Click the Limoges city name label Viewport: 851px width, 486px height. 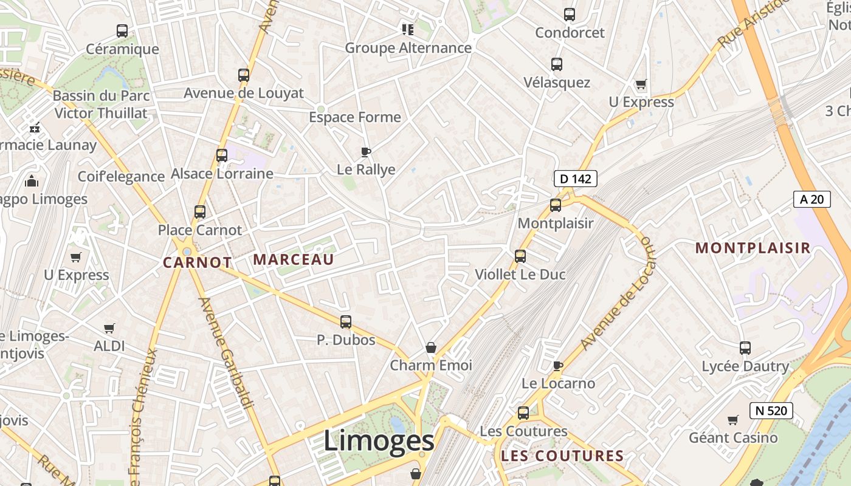pos(378,440)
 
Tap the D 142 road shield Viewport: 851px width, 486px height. pos(575,179)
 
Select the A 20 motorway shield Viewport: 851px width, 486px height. pos(811,199)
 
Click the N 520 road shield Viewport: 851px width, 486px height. pos(771,411)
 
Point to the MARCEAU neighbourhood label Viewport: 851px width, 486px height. pos(294,260)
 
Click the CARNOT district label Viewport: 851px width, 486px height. pos(198,263)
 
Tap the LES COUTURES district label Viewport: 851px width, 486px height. pos(562,456)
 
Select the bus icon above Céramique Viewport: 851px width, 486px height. pos(122,31)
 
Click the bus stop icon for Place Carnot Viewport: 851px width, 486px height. pos(200,212)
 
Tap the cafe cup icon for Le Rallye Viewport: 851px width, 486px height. pos(365,152)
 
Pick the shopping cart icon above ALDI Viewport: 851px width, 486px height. pos(109,329)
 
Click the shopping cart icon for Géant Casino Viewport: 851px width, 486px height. pos(733,420)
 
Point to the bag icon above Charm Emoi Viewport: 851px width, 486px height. pos(431,347)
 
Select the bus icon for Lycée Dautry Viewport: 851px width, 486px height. pos(745,348)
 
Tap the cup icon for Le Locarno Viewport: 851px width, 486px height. pos(558,366)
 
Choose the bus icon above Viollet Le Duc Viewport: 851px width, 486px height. pos(520,256)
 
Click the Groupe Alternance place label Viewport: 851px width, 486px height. pos(408,48)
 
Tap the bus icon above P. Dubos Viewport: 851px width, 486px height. pos(346,322)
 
